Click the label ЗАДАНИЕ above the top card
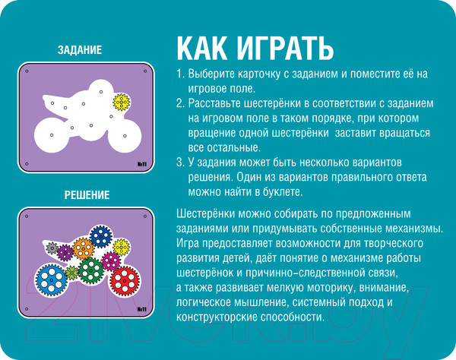[80, 50]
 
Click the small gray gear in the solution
[51, 248]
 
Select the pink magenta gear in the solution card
[111, 260]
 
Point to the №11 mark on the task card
[141, 163]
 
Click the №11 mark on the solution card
[141, 310]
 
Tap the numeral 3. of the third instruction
[179, 163]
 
